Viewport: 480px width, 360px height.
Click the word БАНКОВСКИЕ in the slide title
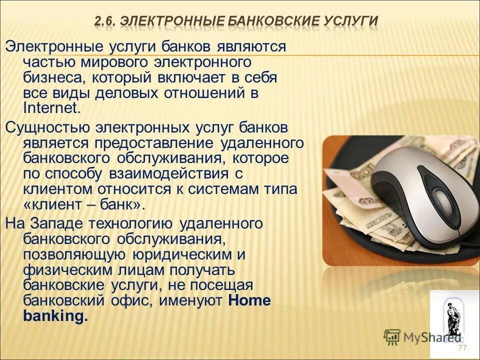tap(269, 21)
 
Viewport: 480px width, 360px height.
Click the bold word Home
tap(249, 300)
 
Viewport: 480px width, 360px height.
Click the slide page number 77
tap(462, 348)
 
